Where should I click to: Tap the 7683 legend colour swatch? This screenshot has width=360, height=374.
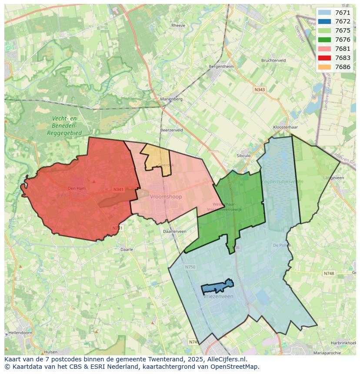tap(324, 58)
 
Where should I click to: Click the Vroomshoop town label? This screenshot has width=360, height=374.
tap(166, 196)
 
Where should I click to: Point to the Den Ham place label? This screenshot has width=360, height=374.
tap(77, 188)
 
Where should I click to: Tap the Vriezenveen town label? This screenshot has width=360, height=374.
tap(219, 296)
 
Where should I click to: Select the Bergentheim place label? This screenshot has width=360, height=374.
tap(221, 66)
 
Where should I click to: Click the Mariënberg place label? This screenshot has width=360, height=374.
tap(171, 99)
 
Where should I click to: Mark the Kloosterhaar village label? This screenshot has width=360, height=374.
tap(285, 127)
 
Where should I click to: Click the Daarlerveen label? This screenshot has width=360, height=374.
tap(174, 232)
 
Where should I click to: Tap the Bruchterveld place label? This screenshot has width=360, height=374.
tap(273, 60)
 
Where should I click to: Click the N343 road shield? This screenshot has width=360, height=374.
tap(259, 89)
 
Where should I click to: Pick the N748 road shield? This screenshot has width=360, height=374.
tap(329, 273)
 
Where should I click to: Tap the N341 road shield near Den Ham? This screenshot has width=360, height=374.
tap(118, 189)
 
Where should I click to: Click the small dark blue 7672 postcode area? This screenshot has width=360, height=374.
tap(217, 286)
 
